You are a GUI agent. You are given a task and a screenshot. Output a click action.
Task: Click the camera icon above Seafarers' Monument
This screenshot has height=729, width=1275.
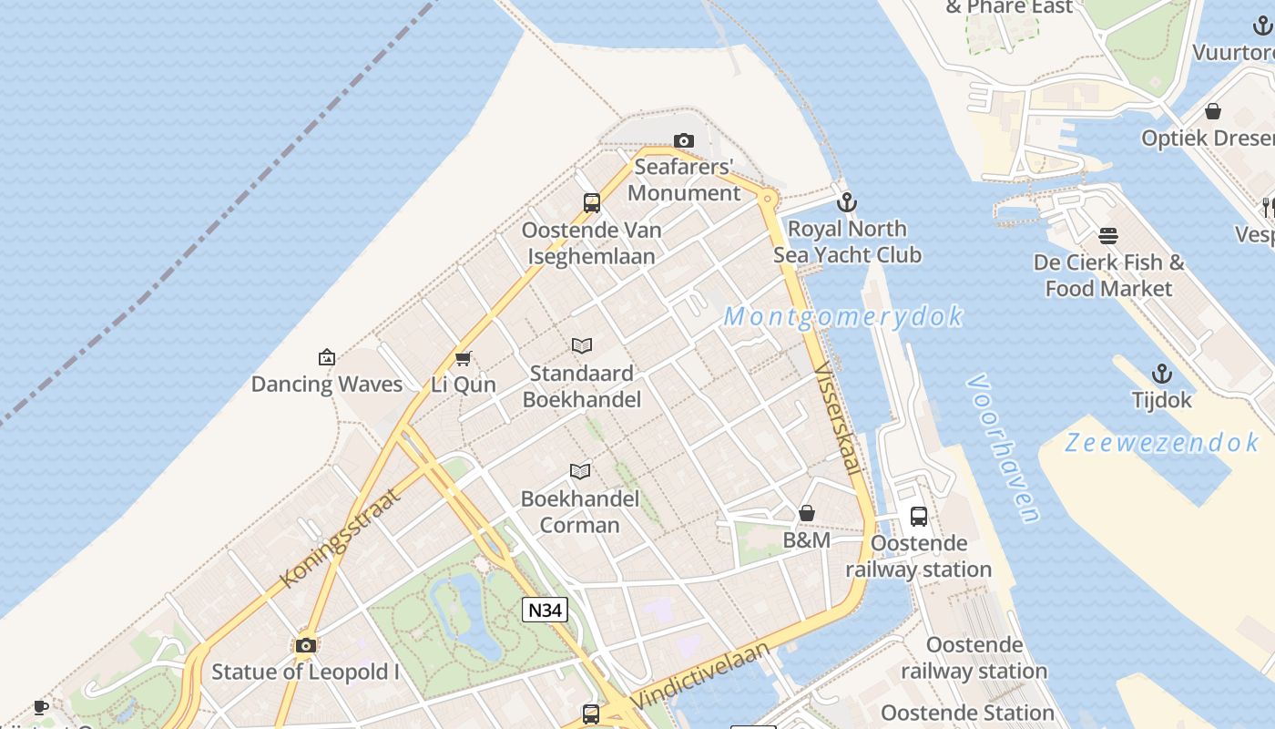683,140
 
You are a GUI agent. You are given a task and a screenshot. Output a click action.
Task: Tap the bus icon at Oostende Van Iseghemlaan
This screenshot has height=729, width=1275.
592,203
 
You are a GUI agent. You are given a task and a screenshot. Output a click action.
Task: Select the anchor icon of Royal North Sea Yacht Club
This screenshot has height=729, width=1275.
847,202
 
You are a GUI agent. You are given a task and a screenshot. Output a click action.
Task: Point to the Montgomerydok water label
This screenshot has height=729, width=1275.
843,317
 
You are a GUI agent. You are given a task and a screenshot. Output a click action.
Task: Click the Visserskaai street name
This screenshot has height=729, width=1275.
838,419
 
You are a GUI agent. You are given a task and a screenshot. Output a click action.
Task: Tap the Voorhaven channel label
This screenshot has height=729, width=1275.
1004,448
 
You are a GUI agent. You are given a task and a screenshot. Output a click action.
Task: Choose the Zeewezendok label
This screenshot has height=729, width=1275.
1162,443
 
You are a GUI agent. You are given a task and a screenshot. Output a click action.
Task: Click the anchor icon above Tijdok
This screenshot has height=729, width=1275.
1161,374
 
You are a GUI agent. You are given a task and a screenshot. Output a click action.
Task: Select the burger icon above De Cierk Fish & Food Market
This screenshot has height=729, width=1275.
1108,236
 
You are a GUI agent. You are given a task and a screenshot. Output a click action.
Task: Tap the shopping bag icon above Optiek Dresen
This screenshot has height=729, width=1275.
1213,111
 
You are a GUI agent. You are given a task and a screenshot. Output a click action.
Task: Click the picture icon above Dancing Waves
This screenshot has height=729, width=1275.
326,357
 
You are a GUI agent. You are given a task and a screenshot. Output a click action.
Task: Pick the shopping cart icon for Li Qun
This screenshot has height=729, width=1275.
463,358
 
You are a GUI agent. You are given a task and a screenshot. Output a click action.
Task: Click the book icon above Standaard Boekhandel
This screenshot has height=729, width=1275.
582,346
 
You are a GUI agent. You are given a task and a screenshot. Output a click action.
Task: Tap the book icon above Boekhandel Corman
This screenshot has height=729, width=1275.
580,471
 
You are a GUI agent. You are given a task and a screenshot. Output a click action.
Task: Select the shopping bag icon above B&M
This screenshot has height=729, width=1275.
806,513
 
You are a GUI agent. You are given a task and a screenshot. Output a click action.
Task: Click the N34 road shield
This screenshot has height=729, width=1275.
545,610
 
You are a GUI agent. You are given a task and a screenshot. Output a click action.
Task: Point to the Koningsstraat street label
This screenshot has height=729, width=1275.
339,538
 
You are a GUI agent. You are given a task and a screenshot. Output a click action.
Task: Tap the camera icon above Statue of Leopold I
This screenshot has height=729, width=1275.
306,645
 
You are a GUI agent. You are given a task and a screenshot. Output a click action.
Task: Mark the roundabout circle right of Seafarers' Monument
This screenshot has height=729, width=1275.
768,198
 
